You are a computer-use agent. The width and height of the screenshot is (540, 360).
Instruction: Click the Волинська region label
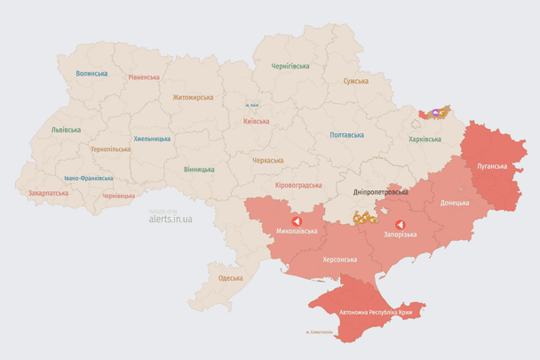[91, 74]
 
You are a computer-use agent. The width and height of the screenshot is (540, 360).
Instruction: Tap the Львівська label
[66, 130]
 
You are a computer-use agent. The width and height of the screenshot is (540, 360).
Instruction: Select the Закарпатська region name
[48, 192]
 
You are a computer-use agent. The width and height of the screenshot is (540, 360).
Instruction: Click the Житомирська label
[193, 97]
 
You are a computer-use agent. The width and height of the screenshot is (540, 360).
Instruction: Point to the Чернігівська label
[290, 66]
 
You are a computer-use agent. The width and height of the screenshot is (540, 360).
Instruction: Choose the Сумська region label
[356, 81]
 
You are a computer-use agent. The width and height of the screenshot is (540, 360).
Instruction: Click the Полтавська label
[346, 135]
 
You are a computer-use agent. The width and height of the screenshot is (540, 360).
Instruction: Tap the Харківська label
[425, 140]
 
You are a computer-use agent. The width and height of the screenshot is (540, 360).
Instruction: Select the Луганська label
[492, 166]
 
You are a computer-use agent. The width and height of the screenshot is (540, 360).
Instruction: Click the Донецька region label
[455, 203]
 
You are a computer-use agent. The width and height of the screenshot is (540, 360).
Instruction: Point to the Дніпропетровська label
[381, 192]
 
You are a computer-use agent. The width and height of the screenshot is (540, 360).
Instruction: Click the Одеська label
[230, 278]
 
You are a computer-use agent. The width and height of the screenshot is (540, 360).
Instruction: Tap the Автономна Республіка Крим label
[377, 313]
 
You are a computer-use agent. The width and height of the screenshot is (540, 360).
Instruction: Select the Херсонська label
[338, 260]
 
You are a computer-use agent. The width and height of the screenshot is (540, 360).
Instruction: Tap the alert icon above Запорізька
[400, 224]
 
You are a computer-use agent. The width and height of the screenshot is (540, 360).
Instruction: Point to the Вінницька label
[199, 169]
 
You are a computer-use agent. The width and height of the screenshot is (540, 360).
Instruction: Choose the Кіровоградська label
[298, 185]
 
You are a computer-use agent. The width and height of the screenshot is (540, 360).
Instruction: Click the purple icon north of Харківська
[435, 113]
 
